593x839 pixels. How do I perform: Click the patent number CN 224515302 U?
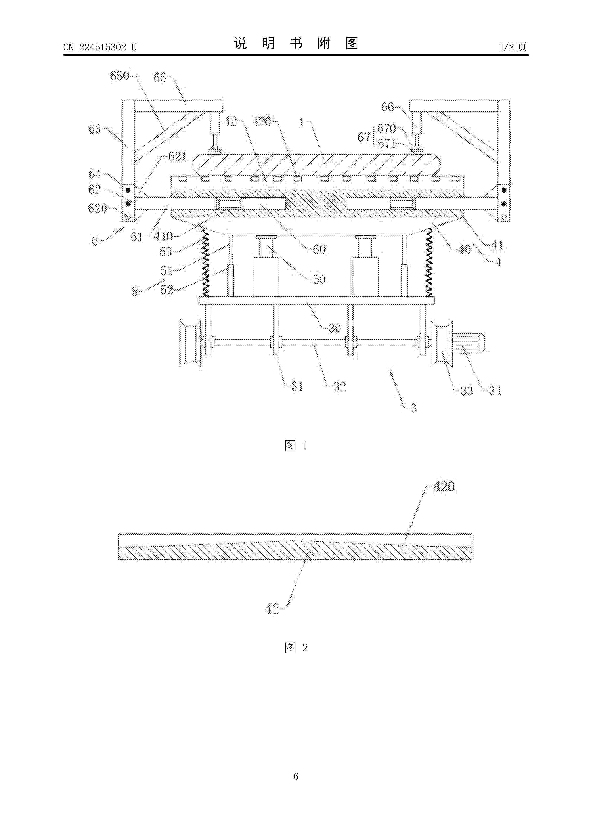coord(100,47)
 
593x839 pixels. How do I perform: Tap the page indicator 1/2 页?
coord(513,47)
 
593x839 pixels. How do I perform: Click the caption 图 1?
coord(296,445)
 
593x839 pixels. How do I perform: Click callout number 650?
coord(120,76)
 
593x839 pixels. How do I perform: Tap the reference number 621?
coord(177,157)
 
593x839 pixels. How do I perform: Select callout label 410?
coord(163,237)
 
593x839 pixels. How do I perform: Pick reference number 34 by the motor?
coord(495,391)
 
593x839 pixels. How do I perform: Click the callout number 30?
coord(335,328)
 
